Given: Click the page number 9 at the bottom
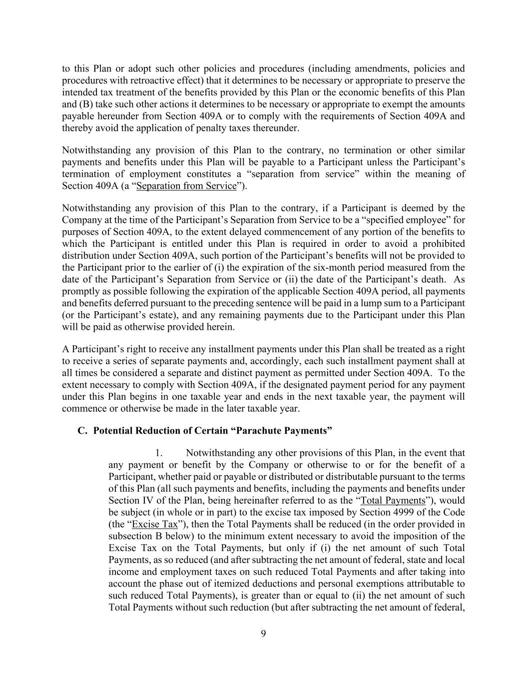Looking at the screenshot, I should pos(263,634).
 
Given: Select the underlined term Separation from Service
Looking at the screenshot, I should pos(186,186).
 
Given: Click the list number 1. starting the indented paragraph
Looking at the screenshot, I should pos(159,453).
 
